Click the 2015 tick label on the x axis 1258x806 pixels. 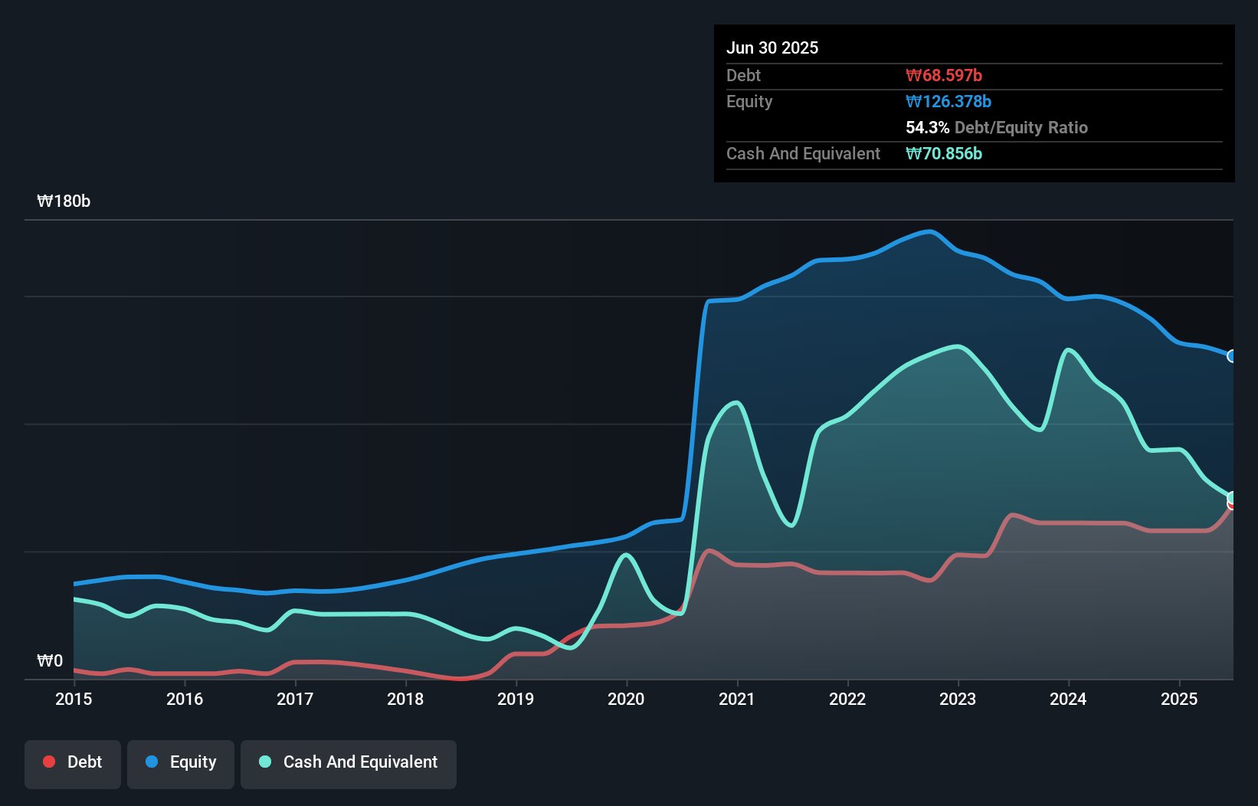click(74, 699)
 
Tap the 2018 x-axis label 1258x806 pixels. click(405, 699)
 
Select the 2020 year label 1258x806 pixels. click(626, 699)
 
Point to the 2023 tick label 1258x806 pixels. click(958, 699)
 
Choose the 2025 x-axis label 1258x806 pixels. click(1178, 699)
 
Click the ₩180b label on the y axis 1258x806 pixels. click(64, 201)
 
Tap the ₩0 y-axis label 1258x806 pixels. click(50, 660)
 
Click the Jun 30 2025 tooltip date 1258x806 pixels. click(772, 48)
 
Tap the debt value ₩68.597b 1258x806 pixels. click(943, 75)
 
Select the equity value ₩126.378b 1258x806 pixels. click(948, 101)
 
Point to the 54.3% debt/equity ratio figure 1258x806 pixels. click(927, 127)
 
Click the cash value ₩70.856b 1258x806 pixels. click(943, 153)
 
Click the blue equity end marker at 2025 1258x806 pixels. click(1232, 356)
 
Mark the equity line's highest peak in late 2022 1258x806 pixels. click(929, 231)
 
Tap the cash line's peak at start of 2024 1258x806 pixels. click(1067, 350)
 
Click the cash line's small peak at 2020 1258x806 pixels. click(626, 555)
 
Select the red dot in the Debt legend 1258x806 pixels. click(49, 762)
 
